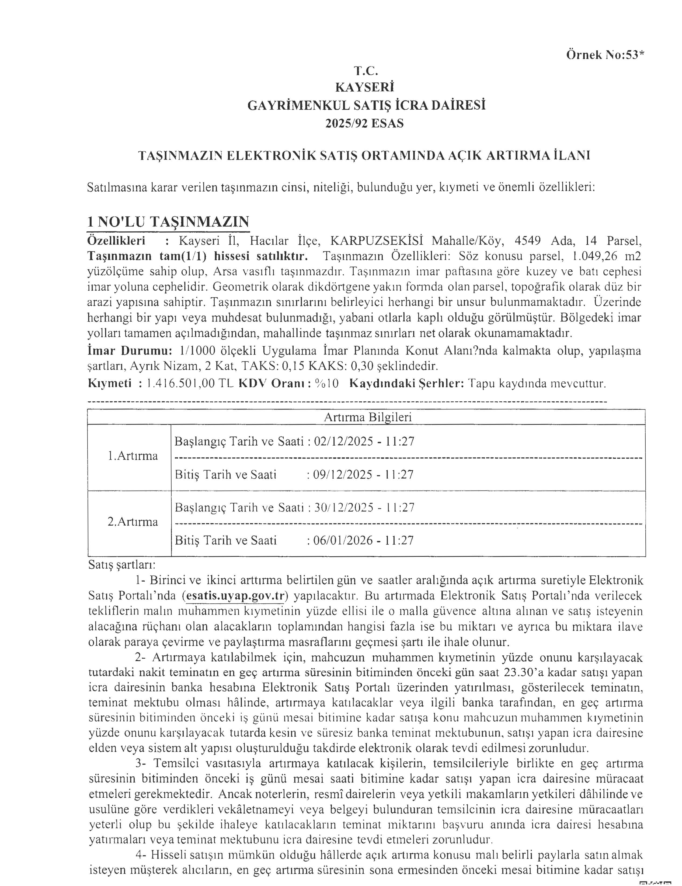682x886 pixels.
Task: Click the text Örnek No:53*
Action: pos(604,55)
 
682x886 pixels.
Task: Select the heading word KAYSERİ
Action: pos(364,88)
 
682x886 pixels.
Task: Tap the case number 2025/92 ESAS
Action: pos(364,123)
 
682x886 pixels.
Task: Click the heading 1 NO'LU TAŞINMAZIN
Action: pos(168,222)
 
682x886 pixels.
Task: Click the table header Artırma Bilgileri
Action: pos(368,417)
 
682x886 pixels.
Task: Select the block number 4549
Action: pos(527,241)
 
